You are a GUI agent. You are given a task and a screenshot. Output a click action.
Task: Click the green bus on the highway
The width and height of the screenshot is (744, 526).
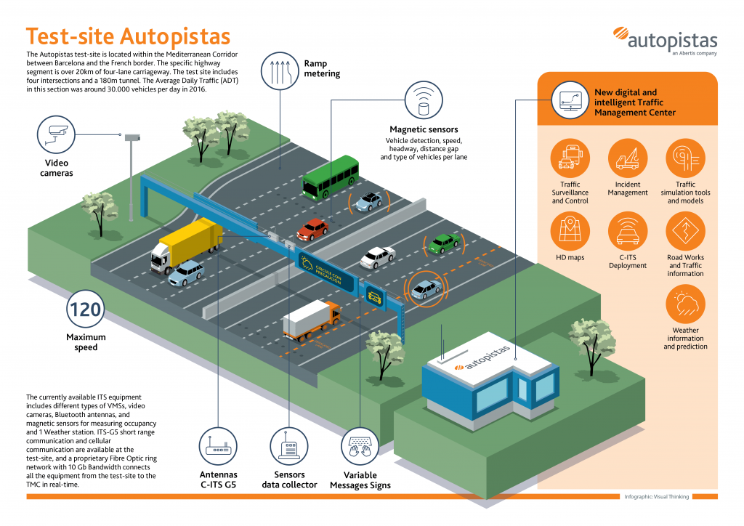(331, 177)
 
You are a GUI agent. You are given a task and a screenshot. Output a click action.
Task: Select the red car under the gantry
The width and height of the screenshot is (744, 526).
(312, 230)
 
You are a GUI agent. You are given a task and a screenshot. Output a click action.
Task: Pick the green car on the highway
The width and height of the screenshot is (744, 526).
(443, 243)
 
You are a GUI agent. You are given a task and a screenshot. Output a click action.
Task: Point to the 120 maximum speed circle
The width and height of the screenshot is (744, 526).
(85, 310)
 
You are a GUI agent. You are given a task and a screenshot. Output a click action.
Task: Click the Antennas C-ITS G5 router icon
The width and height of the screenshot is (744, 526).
(219, 449)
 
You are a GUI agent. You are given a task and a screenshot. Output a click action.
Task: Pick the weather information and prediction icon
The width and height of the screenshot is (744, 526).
(685, 304)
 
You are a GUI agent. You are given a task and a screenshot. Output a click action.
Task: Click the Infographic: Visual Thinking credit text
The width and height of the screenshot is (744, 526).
(657, 497)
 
